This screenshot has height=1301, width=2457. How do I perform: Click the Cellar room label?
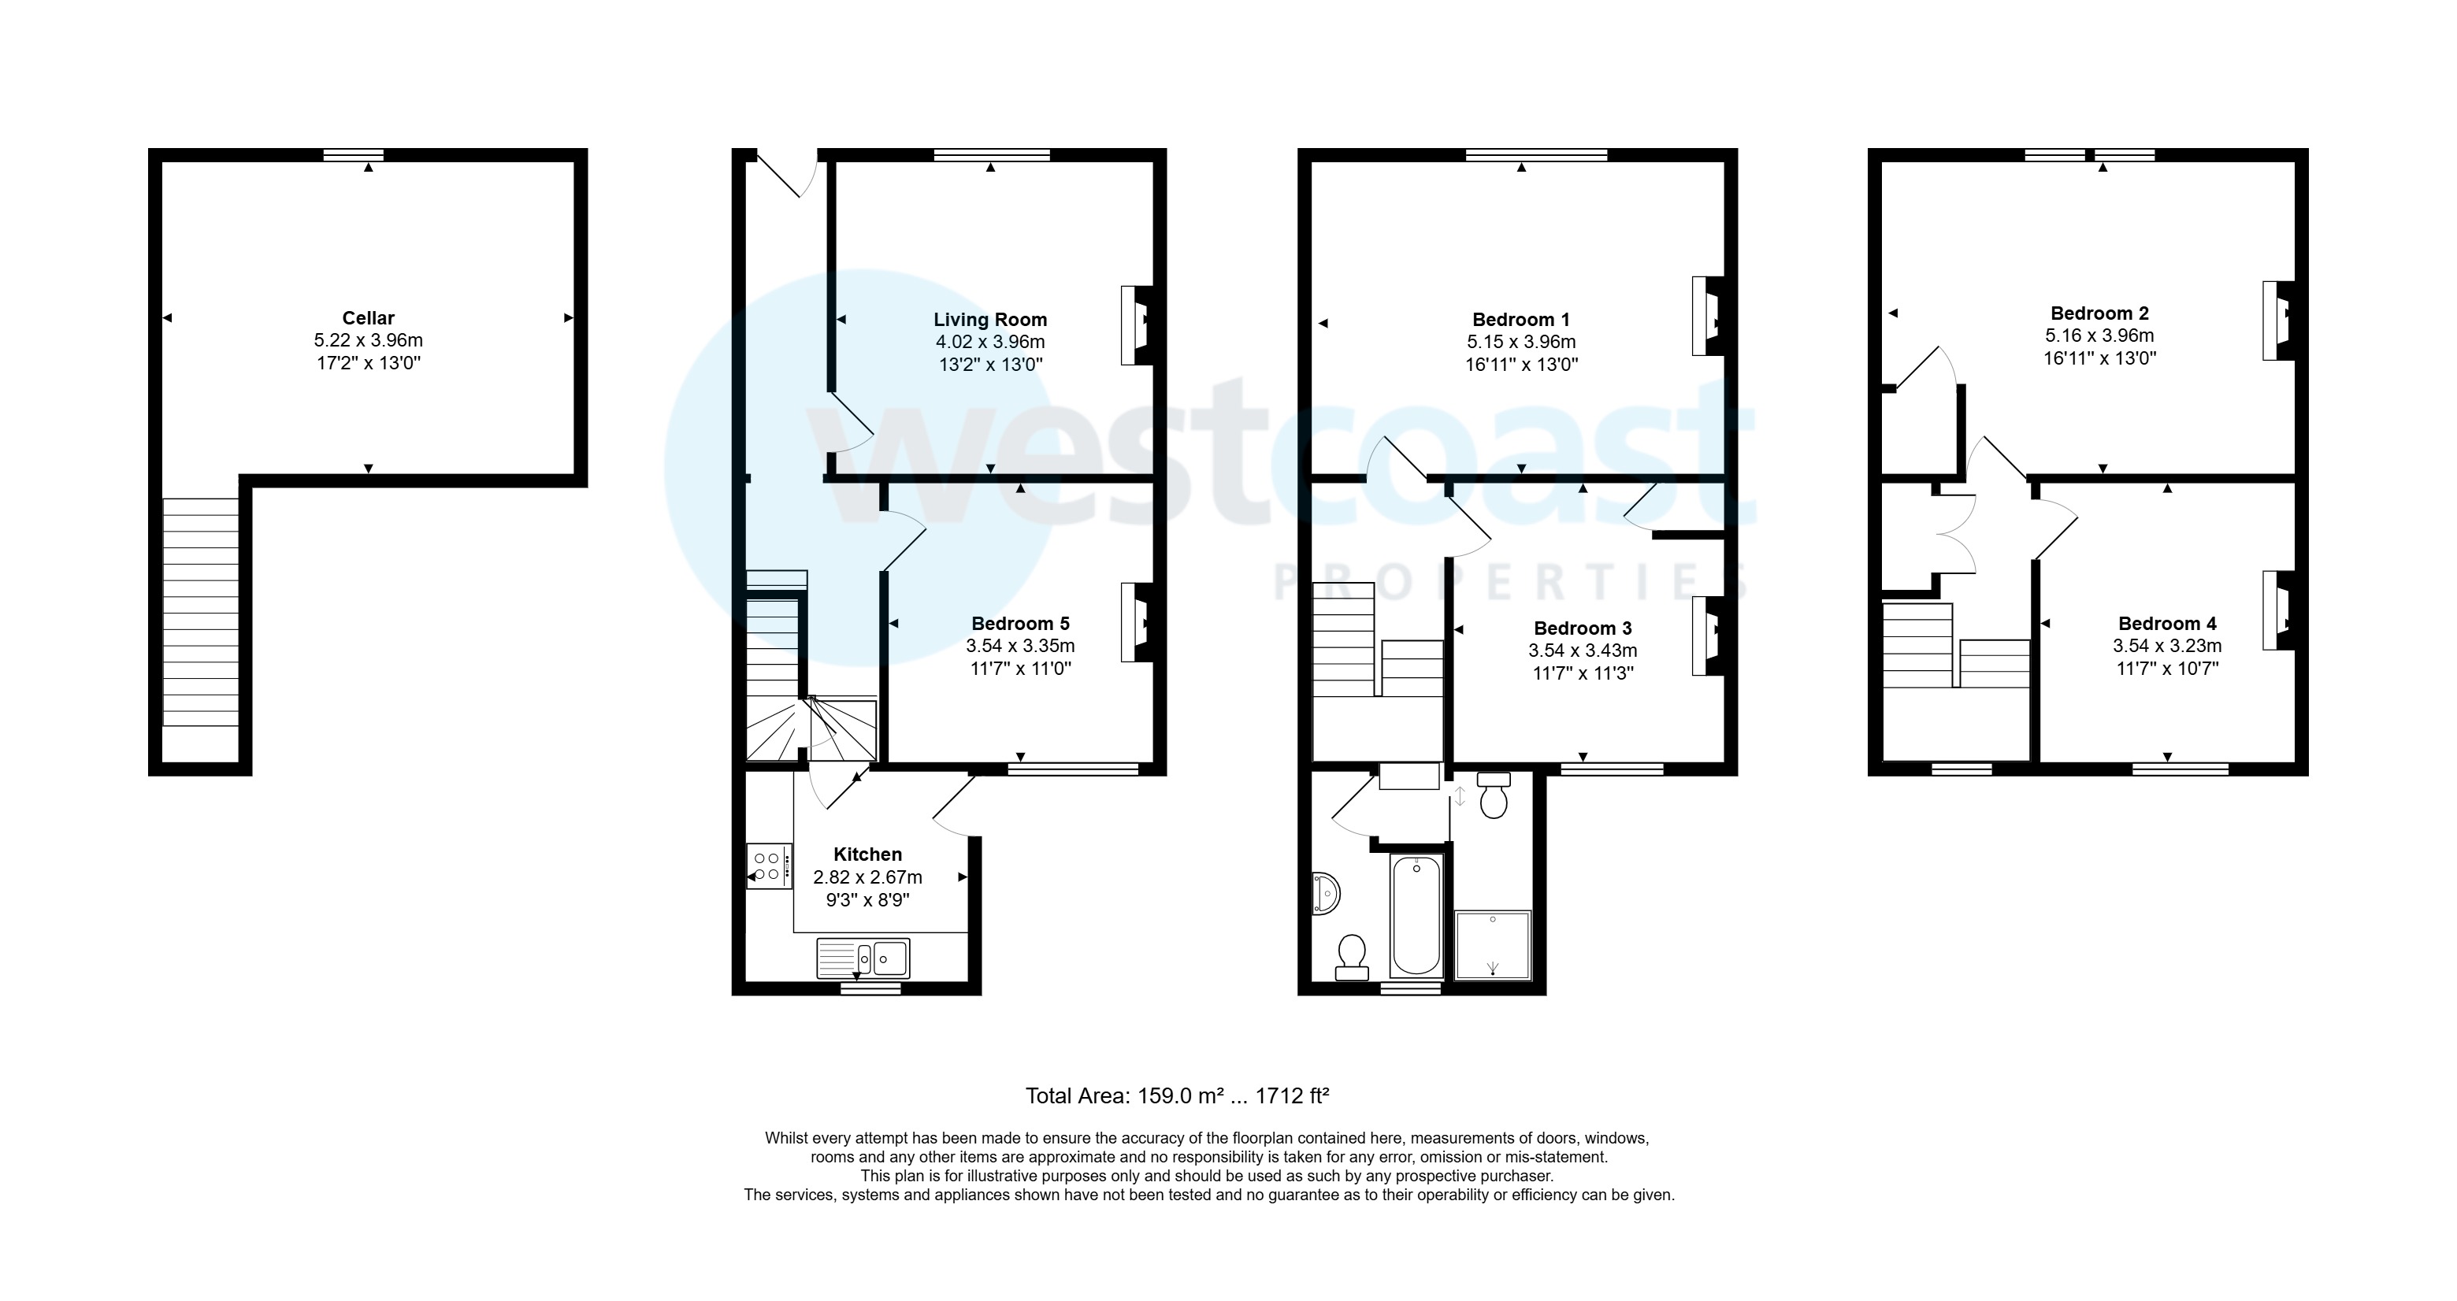click(x=368, y=317)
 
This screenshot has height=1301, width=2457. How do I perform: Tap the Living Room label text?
click(x=990, y=320)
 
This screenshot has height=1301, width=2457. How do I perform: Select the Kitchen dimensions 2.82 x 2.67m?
click(x=868, y=877)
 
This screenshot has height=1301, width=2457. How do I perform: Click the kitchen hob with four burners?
click(x=769, y=866)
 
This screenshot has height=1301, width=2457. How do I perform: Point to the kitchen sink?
click(x=863, y=958)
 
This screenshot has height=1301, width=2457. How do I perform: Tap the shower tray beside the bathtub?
click(x=1493, y=945)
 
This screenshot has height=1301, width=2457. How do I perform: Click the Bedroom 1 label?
click(x=1521, y=320)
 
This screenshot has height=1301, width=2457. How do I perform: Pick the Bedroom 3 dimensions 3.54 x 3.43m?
click(x=1583, y=650)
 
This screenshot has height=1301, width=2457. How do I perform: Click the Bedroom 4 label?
click(x=2167, y=624)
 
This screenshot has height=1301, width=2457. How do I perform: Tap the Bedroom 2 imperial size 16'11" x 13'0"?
click(x=2099, y=358)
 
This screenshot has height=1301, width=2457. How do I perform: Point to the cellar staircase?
click(x=200, y=613)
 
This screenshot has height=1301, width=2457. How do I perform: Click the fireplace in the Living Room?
click(x=1137, y=325)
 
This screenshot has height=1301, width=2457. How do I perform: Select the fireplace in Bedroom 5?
click(x=1137, y=623)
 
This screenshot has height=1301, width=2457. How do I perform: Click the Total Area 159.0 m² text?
click(x=1125, y=1096)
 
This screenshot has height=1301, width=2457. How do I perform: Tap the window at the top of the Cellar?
click(x=353, y=154)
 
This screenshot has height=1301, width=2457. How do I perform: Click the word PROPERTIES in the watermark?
click(x=1512, y=581)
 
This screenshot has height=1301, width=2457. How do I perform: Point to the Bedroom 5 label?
click(x=1021, y=624)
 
